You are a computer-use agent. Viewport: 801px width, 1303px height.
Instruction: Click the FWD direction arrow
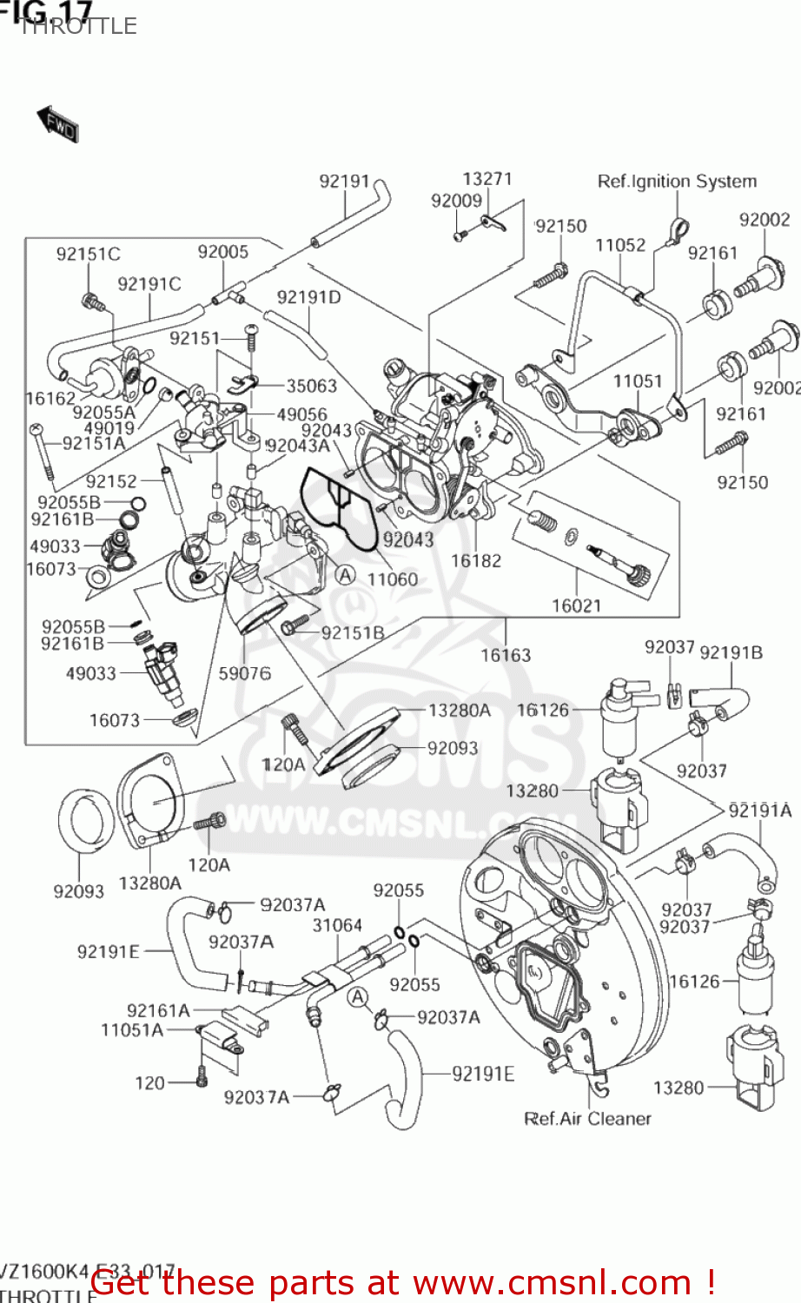click(x=57, y=124)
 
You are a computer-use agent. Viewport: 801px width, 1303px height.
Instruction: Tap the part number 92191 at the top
click(x=344, y=182)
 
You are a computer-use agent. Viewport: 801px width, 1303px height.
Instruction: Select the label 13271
click(x=487, y=179)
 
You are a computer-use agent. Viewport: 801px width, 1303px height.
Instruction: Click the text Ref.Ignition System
click(x=676, y=182)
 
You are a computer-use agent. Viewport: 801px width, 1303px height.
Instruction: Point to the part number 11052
click(x=619, y=246)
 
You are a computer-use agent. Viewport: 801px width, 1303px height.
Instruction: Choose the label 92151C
click(x=88, y=255)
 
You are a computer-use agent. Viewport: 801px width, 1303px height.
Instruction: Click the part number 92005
click(x=222, y=252)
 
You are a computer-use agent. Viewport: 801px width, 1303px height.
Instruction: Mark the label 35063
click(x=311, y=386)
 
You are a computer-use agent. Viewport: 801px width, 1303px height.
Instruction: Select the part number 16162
click(x=50, y=399)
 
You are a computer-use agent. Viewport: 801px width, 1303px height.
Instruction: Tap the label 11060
click(x=393, y=579)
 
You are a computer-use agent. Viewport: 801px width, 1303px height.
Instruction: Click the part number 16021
click(x=577, y=605)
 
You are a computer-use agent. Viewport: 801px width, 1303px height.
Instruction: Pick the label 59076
click(x=244, y=673)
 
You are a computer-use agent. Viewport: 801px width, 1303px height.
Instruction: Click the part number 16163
click(x=506, y=655)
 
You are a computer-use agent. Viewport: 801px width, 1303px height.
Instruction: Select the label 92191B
click(x=731, y=653)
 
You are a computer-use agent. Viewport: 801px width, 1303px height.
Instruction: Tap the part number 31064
click(x=337, y=926)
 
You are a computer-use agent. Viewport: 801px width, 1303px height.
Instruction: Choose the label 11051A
click(x=132, y=1030)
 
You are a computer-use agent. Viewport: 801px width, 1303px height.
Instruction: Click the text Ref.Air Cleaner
click(x=587, y=1119)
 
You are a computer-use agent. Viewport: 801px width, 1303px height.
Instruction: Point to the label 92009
click(x=456, y=201)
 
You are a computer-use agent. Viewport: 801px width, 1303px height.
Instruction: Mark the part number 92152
click(x=111, y=481)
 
